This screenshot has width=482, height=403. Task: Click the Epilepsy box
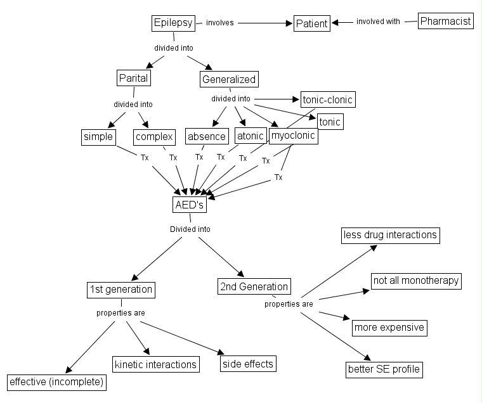tap(173, 23)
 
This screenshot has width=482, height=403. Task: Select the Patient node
tap(312, 24)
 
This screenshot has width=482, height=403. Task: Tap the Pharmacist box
tap(446, 21)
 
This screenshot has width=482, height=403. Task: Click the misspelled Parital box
tap(133, 79)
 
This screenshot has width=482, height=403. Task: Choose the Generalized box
tap(228, 79)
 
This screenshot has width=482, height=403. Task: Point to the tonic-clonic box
tap(327, 99)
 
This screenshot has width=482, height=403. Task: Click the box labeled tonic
tap(330, 122)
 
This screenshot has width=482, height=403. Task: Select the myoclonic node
tap(293, 136)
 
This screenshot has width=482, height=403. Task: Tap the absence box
tap(207, 136)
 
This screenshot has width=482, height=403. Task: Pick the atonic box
tap(250, 136)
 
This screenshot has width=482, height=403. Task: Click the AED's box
tap(190, 205)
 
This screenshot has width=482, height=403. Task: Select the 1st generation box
tap(120, 290)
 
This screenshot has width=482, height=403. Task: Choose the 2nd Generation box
tap(254, 286)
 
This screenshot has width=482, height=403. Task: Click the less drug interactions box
tap(390, 235)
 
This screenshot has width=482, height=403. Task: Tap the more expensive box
tap(389, 328)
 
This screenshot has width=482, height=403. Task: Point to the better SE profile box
tap(384, 369)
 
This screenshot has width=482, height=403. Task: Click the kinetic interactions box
tap(155, 364)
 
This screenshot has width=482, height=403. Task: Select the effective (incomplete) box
tap(56, 383)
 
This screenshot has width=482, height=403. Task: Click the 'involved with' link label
tap(378, 22)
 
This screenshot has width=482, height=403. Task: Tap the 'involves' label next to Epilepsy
tap(219, 23)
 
